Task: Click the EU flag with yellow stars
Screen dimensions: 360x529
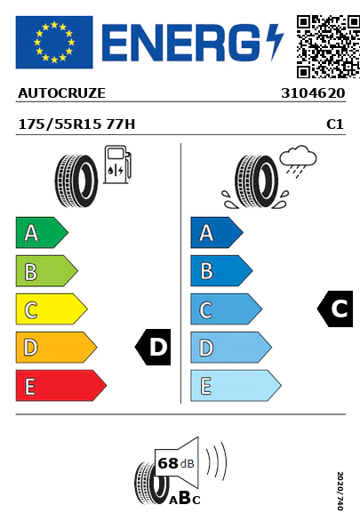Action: [54, 42]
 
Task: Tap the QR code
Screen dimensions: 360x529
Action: [328, 46]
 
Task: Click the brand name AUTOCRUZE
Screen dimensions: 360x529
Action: [61, 93]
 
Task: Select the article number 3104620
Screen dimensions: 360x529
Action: [313, 93]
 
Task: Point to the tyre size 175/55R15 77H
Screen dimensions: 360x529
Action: [76, 124]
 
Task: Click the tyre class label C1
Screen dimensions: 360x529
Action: [335, 124]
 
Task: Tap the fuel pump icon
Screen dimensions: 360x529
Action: [117, 164]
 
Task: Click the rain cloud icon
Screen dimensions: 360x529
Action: [299, 159]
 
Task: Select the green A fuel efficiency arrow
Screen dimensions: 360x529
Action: [42, 232]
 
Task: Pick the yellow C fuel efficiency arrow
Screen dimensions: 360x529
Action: [52, 309]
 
